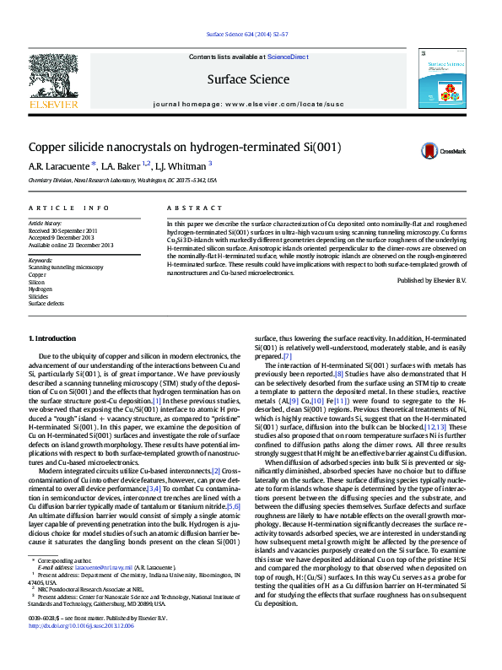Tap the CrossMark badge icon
point(432,151)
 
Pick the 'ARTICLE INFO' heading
point(68,208)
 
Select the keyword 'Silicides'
point(39,296)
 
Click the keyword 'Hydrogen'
point(40,289)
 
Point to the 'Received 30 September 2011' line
point(63,230)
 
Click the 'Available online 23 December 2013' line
point(70,244)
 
